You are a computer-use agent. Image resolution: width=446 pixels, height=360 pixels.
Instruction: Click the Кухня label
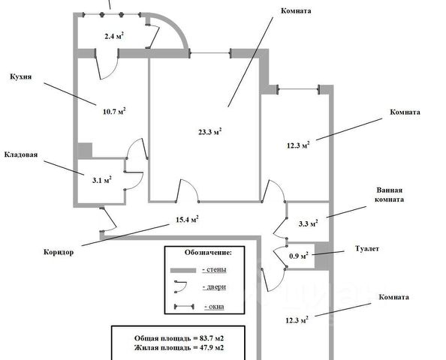(21, 76)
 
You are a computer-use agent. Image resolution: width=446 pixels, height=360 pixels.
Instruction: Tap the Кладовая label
(21, 154)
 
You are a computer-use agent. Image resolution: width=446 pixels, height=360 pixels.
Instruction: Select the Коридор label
(59, 252)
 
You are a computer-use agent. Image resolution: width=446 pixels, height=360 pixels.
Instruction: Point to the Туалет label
(367, 248)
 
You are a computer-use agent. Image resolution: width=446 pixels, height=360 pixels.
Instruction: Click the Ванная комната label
(389, 195)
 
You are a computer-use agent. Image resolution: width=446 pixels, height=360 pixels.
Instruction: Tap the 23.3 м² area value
(210, 131)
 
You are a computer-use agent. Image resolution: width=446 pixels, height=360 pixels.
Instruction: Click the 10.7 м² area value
(114, 111)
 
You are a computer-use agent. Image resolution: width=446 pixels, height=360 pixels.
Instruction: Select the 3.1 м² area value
(102, 180)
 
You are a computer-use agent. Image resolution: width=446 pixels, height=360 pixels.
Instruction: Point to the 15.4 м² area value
(187, 219)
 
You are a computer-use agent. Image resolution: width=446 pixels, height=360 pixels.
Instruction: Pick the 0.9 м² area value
(299, 256)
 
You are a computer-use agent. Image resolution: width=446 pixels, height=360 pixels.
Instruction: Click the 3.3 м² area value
(309, 223)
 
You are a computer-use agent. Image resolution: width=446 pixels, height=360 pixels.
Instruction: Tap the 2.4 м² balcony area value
(114, 36)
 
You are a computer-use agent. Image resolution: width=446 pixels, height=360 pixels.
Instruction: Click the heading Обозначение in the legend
(208, 252)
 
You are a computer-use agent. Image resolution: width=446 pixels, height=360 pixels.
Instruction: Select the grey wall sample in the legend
(183, 270)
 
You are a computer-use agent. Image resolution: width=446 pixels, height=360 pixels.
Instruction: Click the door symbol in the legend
(180, 287)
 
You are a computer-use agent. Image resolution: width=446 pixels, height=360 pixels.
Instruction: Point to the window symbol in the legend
(184, 307)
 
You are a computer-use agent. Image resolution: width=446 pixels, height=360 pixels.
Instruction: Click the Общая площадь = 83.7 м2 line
(179, 338)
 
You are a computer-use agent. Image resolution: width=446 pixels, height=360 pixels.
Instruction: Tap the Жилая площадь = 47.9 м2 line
(179, 347)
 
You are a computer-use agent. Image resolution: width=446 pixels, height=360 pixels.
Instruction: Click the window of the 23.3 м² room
(210, 53)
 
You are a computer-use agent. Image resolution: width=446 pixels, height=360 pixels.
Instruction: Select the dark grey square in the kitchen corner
(85, 150)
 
